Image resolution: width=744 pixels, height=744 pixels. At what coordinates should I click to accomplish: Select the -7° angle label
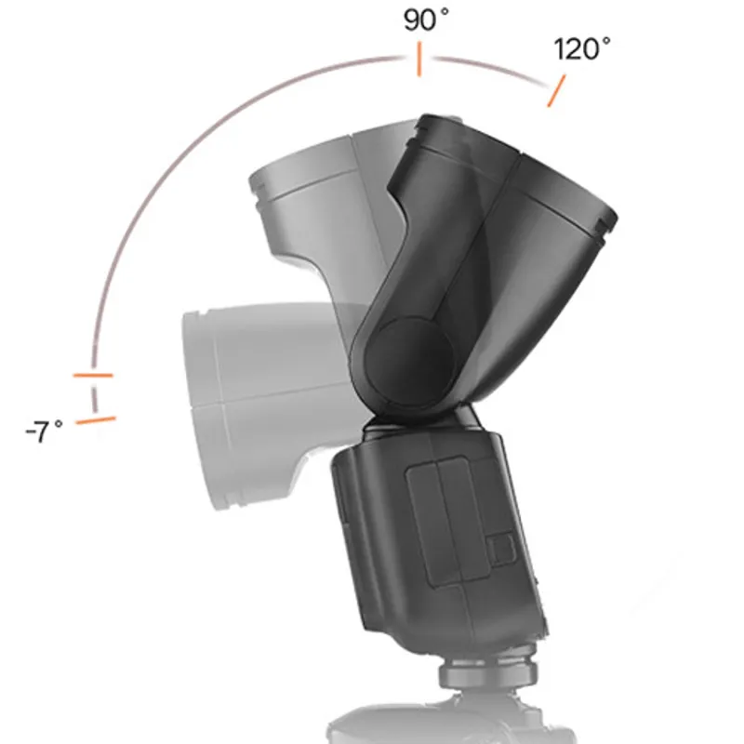[44, 432]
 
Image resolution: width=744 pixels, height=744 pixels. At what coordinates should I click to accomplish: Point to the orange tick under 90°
[419, 61]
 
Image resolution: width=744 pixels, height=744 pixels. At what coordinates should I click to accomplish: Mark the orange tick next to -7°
[96, 420]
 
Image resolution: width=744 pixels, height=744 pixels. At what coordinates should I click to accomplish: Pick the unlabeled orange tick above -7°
[93, 376]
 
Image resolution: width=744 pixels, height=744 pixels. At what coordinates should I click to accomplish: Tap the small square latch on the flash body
[500, 548]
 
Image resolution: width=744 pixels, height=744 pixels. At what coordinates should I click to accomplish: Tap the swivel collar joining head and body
[423, 423]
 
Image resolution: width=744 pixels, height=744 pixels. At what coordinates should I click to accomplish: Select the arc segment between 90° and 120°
[488, 67]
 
